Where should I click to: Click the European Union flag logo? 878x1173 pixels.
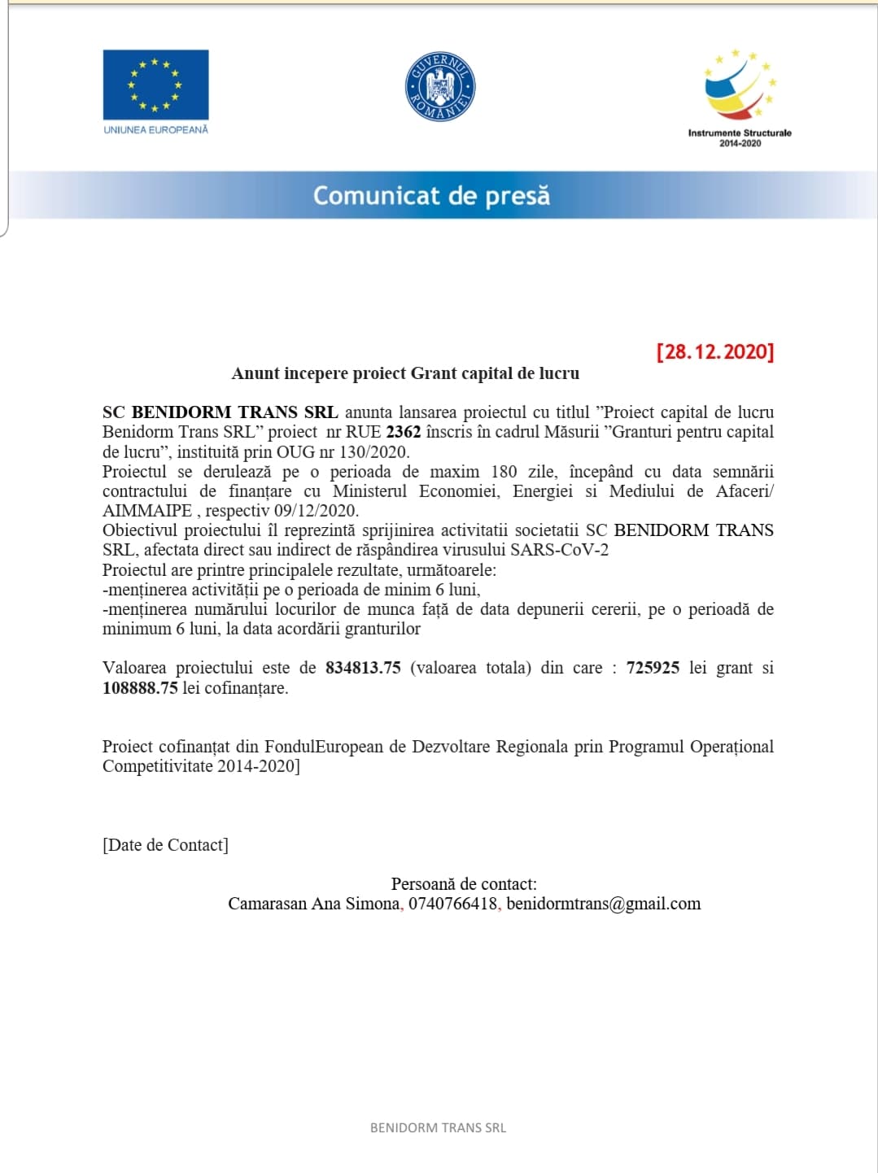point(155,85)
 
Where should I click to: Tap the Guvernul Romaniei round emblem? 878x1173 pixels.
point(439,87)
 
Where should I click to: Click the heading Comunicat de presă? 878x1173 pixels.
point(431,196)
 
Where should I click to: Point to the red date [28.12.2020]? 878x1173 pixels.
point(715,351)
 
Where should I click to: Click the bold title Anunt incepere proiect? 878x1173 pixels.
point(405,373)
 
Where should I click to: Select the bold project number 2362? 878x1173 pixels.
point(403,432)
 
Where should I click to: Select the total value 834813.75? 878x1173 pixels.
point(363,668)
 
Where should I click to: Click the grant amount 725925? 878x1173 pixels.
point(653,668)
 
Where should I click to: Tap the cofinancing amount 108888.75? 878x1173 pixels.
point(140,687)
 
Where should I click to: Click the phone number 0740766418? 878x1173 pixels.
point(452,903)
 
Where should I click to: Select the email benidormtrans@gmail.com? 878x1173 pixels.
point(603,903)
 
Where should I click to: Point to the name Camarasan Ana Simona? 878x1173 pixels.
point(313,903)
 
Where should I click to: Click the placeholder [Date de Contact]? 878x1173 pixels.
point(165,844)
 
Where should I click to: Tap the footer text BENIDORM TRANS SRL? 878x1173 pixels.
point(438,1127)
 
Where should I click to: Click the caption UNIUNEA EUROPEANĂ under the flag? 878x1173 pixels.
point(155,129)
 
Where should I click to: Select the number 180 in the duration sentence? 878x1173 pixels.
point(504,472)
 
